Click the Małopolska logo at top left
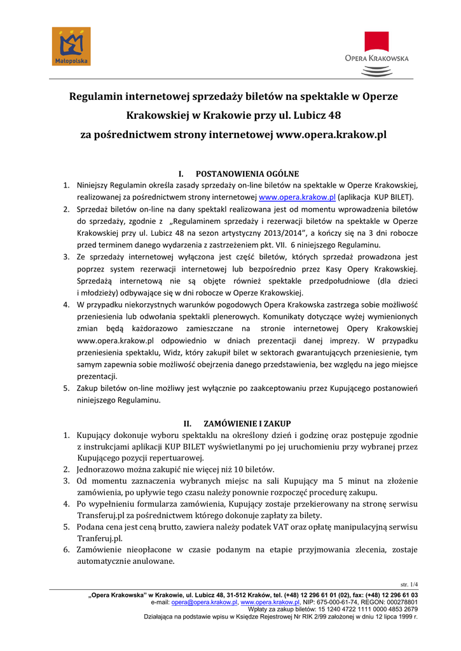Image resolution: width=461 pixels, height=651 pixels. point(71,46)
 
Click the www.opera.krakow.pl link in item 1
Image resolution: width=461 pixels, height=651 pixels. point(297,198)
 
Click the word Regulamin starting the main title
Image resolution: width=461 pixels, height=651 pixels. point(97,97)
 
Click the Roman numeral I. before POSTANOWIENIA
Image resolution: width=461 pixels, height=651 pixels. point(181,174)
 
